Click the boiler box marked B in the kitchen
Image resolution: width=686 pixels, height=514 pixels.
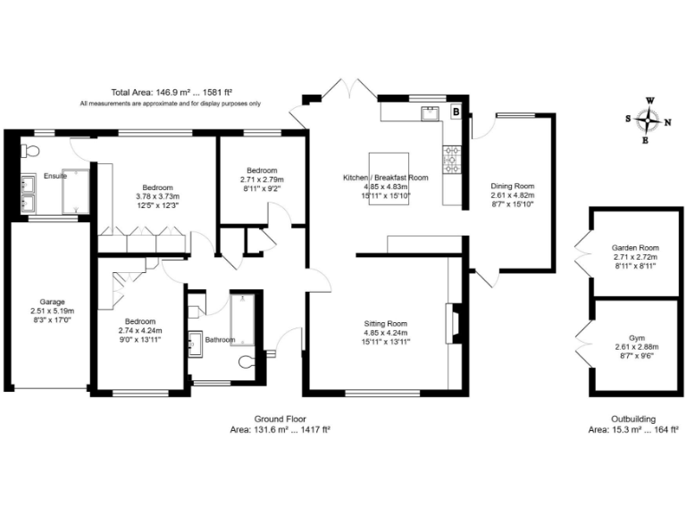[456, 112]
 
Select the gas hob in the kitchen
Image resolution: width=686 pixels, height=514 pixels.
[452, 158]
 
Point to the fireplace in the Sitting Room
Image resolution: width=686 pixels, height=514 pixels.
[453, 323]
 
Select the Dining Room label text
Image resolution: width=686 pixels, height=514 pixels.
[512, 186]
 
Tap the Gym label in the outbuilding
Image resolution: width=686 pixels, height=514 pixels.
[635, 337]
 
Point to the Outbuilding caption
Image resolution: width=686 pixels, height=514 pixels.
[634, 419]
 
